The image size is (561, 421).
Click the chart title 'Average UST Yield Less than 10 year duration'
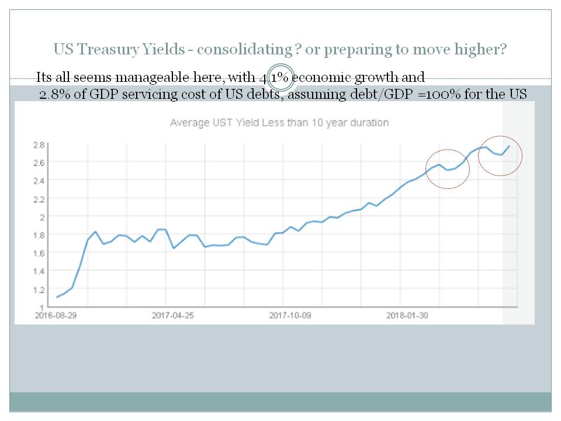point(279,123)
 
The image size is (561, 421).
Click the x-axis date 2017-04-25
point(173,315)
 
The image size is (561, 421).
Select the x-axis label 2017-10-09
point(290,315)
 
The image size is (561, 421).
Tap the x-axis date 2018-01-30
point(407,315)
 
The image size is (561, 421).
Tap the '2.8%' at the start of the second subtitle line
point(52,94)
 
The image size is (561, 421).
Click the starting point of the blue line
point(57,297)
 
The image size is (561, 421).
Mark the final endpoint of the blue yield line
point(509,146)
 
